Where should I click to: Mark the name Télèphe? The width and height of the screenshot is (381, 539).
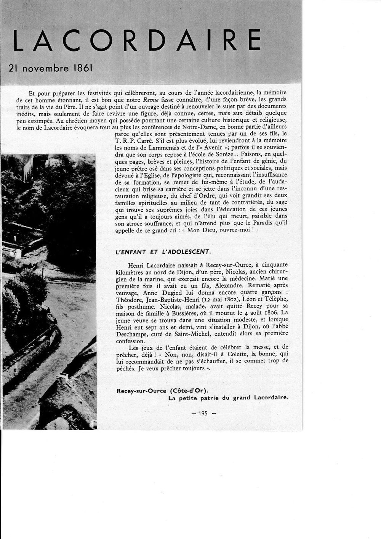(x=275, y=299)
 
